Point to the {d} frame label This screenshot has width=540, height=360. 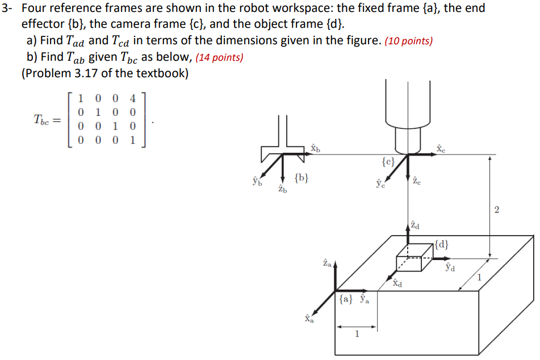(x=443, y=245)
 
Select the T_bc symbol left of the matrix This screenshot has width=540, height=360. (x=44, y=119)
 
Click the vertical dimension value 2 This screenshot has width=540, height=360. (x=497, y=211)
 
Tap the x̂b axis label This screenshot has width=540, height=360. (x=316, y=148)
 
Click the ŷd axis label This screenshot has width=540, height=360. (x=450, y=266)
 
